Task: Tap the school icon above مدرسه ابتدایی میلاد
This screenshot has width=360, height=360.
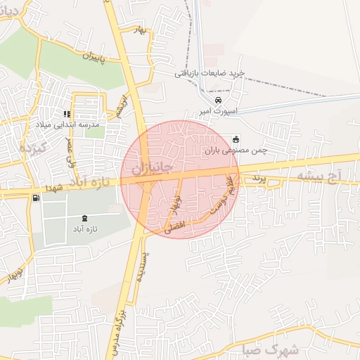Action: point(67,113)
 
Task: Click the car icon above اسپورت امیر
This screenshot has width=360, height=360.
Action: point(219,100)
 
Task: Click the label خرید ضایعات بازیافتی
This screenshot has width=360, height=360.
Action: point(209,73)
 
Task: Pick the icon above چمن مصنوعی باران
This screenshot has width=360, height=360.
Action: point(235,139)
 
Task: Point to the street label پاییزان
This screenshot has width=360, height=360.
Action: point(91,56)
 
